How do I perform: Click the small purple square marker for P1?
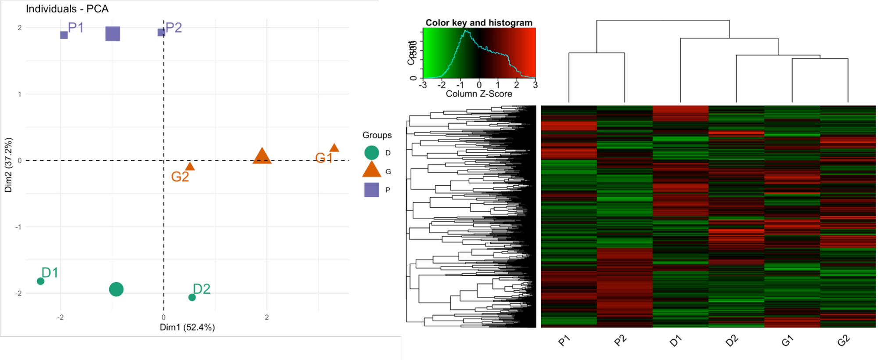(x=64, y=35)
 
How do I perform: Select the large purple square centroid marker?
(x=113, y=34)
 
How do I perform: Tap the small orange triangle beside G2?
(x=190, y=166)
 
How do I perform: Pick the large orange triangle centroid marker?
(x=262, y=156)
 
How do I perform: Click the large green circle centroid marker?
(x=116, y=289)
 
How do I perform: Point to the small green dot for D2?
(x=192, y=297)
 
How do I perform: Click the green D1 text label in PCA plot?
(x=50, y=273)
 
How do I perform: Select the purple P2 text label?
(x=174, y=28)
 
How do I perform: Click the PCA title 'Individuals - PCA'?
(x=67, y=9)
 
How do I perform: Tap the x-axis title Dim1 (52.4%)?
(x=187, y=327)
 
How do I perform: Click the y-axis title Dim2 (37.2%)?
(x=8, y=165)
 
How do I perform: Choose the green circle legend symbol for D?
(x=371, y=153)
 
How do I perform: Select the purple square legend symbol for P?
(x=371, y=190)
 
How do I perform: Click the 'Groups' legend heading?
(x=377, y=135)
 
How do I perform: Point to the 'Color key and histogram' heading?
(x=478, y=22)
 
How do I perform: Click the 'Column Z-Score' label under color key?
(x=478, y=94)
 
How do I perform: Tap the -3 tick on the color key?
(x=423, y=85)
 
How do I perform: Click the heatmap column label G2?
(x=843, y=341)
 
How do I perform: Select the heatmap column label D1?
(x=676, y=341)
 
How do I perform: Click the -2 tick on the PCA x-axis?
(x=61, y=317)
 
